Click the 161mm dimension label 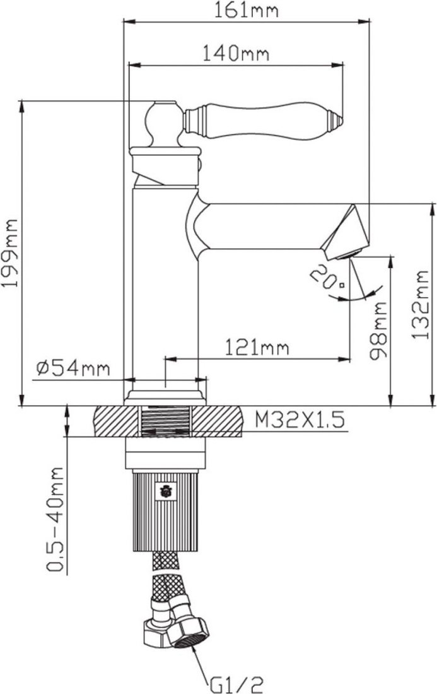247,10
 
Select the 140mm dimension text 236,54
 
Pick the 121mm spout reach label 257,348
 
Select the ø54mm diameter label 73,368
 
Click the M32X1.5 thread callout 300,420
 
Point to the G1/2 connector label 236,685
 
